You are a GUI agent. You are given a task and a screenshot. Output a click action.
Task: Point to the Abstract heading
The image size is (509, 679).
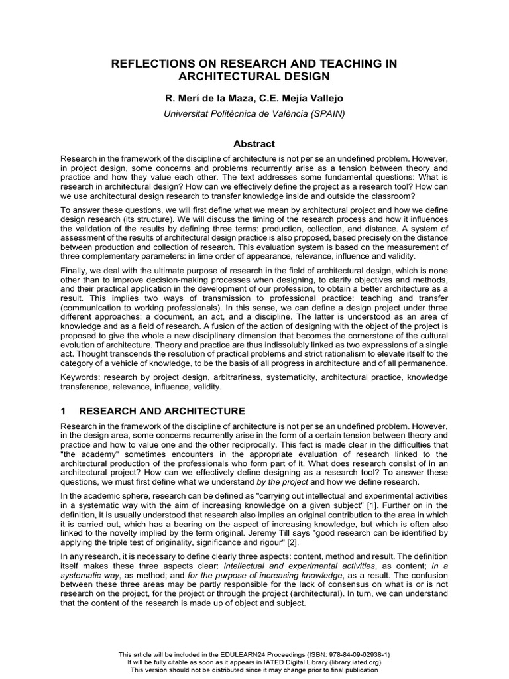tap(254, 143)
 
